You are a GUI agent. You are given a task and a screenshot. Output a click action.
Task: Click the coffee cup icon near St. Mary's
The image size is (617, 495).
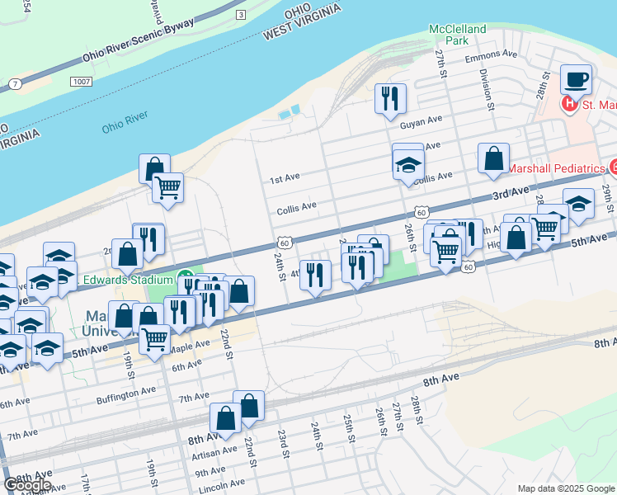point(577,80)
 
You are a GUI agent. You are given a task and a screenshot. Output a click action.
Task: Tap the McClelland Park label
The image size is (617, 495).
point(458,34)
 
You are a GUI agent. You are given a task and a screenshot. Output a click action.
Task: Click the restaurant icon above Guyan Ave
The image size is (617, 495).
point(389,98)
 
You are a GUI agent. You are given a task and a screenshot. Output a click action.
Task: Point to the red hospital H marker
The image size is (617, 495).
point(569,105)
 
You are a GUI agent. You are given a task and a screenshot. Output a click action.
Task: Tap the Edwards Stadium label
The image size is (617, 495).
point(125,280)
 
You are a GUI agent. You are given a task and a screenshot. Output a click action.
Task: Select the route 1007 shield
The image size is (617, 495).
point(80,82)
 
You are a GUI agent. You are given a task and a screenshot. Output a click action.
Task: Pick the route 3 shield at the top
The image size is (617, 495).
point(240,15)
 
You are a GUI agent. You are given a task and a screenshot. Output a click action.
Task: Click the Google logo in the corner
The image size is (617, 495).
point(27,484)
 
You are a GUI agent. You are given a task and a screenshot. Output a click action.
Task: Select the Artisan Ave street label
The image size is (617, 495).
point(213,453)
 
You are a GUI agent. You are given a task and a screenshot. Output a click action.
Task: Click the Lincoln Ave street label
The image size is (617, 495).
point(220,483)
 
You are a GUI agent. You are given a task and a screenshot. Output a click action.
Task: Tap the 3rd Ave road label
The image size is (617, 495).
point(509,193)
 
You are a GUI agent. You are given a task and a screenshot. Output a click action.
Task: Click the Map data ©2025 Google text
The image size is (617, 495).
point(566,488)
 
